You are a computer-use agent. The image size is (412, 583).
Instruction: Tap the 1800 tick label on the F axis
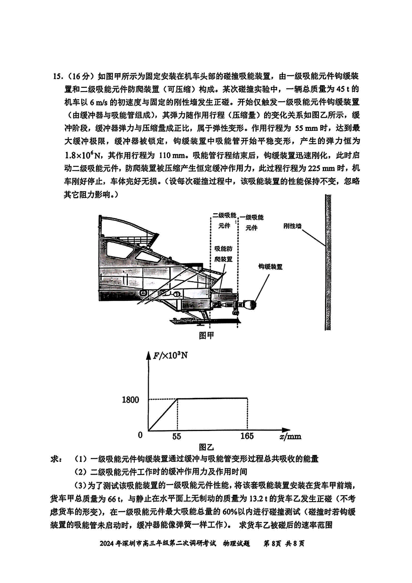130,400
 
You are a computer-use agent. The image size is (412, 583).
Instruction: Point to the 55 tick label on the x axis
176,436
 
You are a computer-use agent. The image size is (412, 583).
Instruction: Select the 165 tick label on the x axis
247,436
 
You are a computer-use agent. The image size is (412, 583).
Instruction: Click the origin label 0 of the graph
140,435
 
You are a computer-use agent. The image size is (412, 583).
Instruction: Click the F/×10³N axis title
170,356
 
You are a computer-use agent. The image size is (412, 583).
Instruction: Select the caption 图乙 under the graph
206,447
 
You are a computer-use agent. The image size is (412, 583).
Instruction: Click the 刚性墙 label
292,226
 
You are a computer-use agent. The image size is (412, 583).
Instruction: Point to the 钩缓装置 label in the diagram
270,266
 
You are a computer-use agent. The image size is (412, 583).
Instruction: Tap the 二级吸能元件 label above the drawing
224,220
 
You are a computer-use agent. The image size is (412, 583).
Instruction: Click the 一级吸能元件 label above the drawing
251,222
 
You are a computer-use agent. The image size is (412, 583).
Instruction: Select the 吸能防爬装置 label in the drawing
223,254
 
